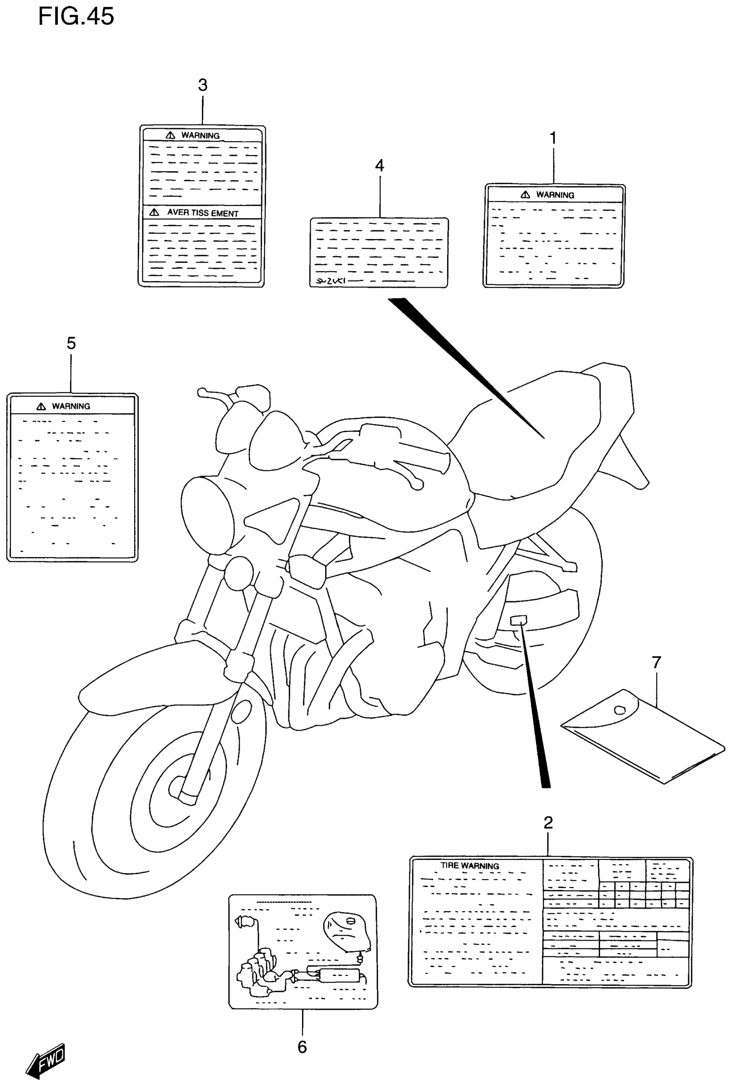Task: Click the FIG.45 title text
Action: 76,16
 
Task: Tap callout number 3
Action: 202,85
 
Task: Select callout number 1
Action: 553,138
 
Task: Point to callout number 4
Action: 379,166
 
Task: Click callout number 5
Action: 71,344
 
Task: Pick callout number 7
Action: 656,662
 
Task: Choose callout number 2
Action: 548,822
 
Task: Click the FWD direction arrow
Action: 46,1062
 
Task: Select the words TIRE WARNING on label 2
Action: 469,866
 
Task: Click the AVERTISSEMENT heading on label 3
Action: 202,213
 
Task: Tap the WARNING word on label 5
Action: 71,406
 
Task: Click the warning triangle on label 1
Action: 525,195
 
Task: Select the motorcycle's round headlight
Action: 207,516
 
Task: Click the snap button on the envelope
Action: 620,710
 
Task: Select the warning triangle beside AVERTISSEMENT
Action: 154,212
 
